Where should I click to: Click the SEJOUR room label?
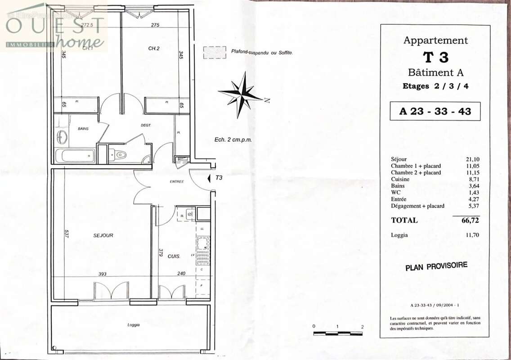(x=103, y=235)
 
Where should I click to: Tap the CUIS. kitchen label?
(x=174, y=256)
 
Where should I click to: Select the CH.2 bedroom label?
(x=154, y=48)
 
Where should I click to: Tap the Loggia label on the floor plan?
(x=133, y=325)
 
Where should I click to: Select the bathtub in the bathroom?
(x=76, y=156)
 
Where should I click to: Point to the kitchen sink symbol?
(x=202, y=246)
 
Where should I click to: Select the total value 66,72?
(x=470, y=220)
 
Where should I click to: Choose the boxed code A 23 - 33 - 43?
(x=435, y=111)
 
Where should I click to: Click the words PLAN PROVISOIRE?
(x=436, y=266)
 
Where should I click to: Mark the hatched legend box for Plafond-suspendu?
(x=214, y=53)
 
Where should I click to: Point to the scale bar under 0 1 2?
(x=338, y=333)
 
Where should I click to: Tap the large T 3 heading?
(x=435, y=57)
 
